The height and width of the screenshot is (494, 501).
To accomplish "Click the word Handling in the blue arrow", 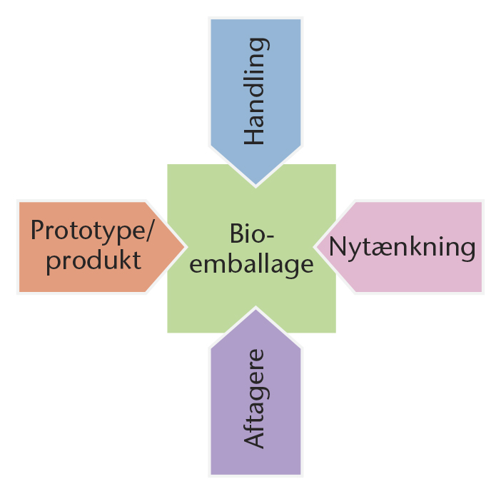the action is click(256, 91).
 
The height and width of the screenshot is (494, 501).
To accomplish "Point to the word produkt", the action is click(93, 261).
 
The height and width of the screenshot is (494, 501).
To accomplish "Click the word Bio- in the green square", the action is click(252, 233).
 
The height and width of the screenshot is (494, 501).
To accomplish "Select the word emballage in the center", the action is click(251, 265).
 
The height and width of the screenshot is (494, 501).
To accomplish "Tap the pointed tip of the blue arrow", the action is click(255, 186).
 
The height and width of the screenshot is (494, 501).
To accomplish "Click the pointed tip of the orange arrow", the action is click(186, 247).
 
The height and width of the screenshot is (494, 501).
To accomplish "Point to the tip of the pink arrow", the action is click(315, 247).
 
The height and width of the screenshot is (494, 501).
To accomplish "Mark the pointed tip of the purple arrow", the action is click(255, 308).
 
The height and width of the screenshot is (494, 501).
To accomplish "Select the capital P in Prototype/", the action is click(37, 229).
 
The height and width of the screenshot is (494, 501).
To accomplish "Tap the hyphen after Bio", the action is click(270, 236).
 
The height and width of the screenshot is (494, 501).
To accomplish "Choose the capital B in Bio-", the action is click(236, 233).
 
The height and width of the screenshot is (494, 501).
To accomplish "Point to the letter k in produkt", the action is click(122, 258).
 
